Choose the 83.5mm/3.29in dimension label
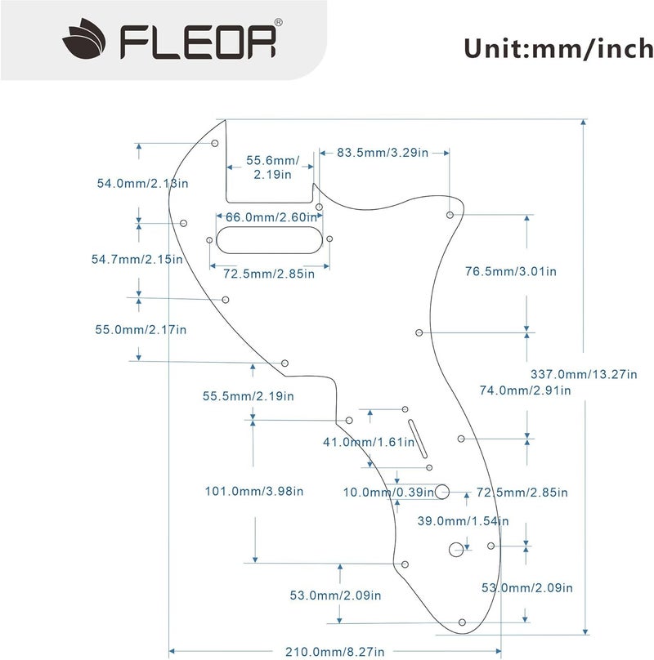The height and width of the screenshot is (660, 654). pos(381,153)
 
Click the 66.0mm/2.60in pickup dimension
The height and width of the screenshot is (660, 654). pos(270,217)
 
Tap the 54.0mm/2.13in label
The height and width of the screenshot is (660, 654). pos(143,184)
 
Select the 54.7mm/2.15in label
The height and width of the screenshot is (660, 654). pos(137,259)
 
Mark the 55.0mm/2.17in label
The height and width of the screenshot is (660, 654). pos(141,330)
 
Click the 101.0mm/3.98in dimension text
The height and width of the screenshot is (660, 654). pos(253,491)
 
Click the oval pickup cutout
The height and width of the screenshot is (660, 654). pos(270,239)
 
